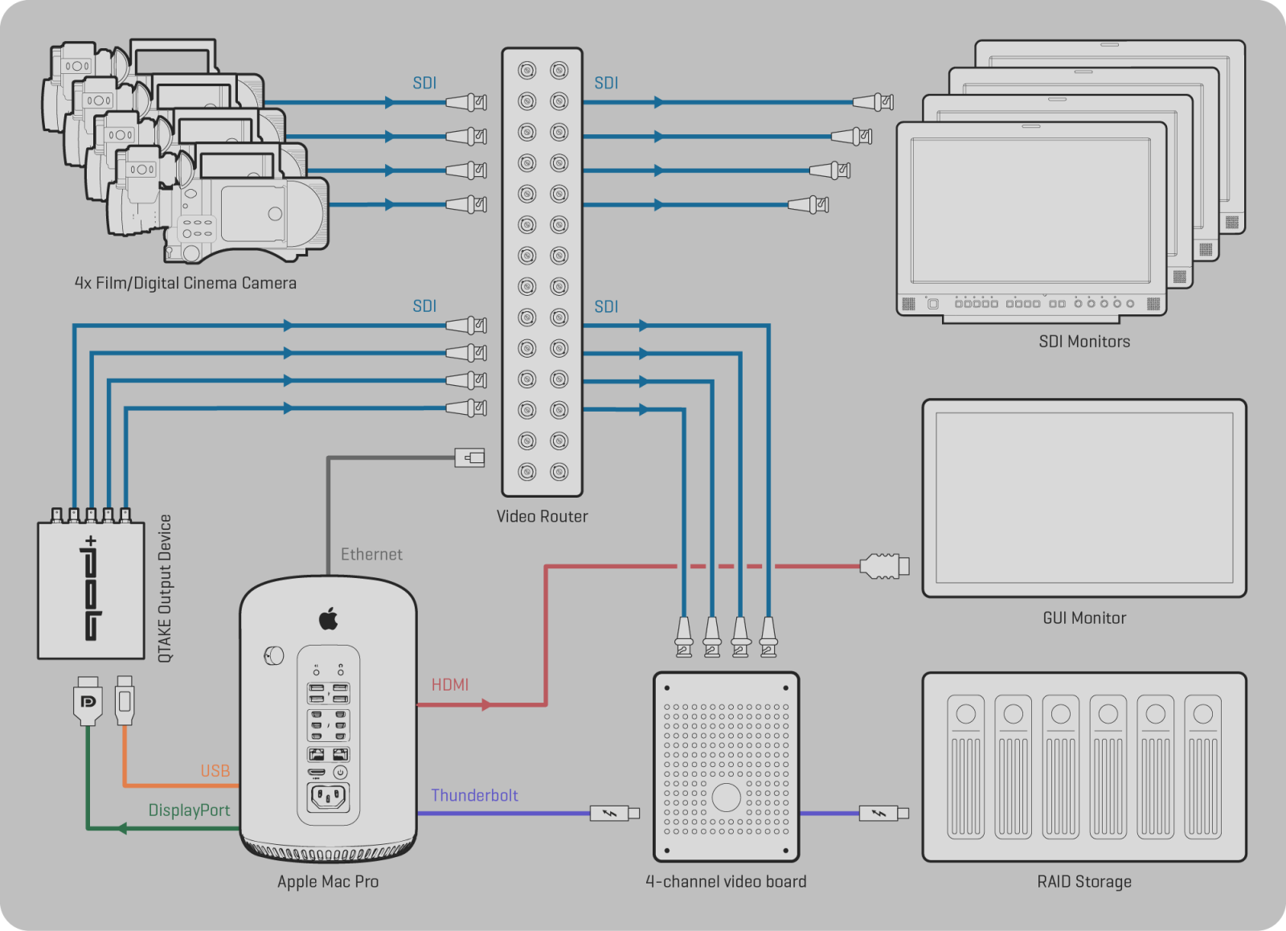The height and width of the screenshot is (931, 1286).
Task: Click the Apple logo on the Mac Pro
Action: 329,619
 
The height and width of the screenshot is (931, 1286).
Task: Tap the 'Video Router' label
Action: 542,516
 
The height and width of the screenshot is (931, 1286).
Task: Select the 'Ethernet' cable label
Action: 371,554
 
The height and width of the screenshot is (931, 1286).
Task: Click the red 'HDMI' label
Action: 449,684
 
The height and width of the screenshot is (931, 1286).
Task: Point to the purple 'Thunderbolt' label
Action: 474,795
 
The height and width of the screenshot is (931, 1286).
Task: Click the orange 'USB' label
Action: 215,771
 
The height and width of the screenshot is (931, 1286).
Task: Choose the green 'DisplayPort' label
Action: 189,810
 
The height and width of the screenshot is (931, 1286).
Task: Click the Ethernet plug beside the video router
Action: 470,457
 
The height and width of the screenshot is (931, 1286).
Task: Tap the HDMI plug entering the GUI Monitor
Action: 884,566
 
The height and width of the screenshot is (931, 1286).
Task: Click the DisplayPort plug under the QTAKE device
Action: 88,700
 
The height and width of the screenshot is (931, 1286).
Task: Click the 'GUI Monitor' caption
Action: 1083,617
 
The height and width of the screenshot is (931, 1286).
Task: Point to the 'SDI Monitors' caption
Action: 1083,341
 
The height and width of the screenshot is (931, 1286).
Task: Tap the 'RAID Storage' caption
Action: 1083,881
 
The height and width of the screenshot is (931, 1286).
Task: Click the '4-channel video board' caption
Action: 726,881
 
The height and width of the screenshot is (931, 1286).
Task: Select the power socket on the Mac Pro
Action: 328,798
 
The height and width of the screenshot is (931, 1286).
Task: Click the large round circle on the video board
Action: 726,797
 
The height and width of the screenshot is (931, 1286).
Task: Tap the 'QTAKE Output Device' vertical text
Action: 165,589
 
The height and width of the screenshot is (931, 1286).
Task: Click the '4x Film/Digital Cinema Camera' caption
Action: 185,283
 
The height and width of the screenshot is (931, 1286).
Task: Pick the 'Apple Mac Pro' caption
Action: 328,881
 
